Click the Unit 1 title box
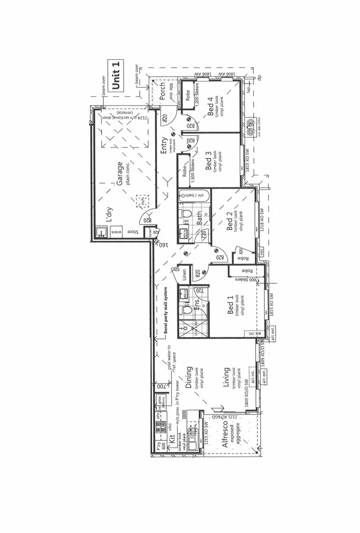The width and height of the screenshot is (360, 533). tap(116, 76)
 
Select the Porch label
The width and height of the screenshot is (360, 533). tap(162, 90)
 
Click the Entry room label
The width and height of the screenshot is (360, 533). tap(163, 145)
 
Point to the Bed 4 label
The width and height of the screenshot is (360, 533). tap(210, 106)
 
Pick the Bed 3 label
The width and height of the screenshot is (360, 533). tap(209, 163)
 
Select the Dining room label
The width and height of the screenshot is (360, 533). tap(189, 378)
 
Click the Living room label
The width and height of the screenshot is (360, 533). tap(227, 377)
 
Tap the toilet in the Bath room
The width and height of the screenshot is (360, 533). tap(187, 214)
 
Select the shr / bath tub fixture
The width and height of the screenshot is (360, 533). tap(194, 195)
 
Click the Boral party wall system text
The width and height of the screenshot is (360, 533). tap(166, 312)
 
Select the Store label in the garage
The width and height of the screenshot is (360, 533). tap(132, 231)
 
